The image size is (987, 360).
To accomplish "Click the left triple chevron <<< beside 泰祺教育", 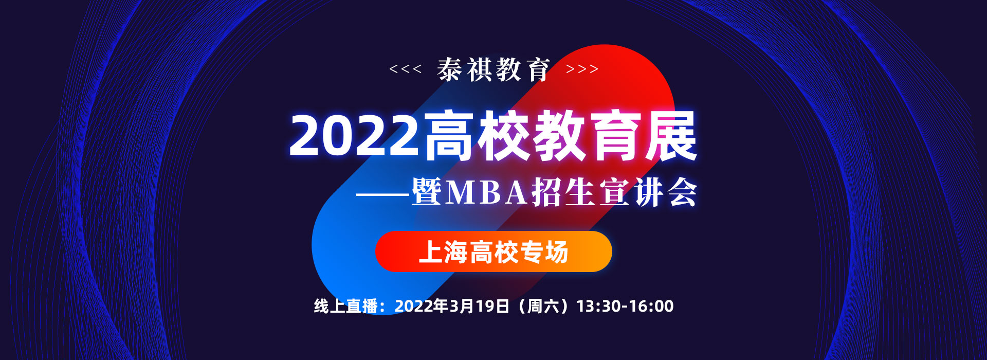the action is pos(406,69).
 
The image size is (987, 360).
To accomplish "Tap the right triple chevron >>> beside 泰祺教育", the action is pos(582,69).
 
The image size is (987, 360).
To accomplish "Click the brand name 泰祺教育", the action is pos(493,69).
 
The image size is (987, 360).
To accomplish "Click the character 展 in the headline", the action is pos(670,136).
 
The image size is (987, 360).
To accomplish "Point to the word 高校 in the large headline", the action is pos(477,136).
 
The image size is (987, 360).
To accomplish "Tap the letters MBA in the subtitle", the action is pos(486,192).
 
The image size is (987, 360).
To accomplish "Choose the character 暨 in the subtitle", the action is pos(427,192).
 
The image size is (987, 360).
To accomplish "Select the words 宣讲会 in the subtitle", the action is pos(648,192).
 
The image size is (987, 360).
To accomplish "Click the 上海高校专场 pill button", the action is pos(493,251).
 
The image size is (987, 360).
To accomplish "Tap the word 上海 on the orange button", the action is pos(443,252).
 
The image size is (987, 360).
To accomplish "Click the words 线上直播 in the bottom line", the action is pos(345,306).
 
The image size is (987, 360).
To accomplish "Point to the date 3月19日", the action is pos(479,306).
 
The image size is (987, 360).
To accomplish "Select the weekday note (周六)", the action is pos(542,306).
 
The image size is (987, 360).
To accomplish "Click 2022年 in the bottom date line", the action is pos(422,306).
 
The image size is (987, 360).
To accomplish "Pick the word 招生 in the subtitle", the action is pos(564,192).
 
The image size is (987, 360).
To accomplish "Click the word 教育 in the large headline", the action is pos(587,136).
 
